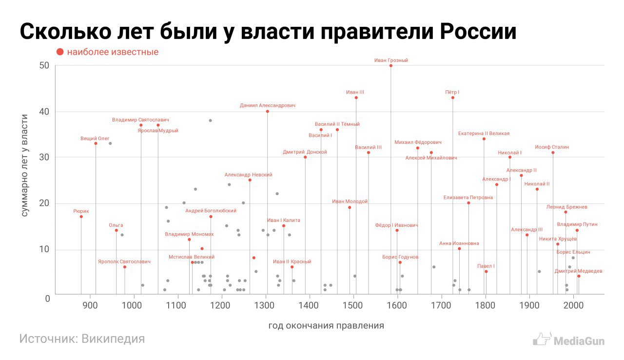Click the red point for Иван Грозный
(x=391, y=65)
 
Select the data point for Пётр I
(x=452, y=98)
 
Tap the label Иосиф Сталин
(x=552, y=147)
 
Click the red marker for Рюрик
(x=81, y=217)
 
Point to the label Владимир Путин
(x=577, y=224)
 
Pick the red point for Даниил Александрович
(x=267, y=111)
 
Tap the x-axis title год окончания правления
(x=326, y=325)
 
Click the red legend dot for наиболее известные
(x=60, y=52)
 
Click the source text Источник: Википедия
(x=82, y=339)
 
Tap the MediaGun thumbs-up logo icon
(x=542, y=339)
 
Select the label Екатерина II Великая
(x=484, y=133)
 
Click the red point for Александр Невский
(x=250, y=180)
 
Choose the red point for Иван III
(x=356, y=98)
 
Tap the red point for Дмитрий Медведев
(x=579, y=276)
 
